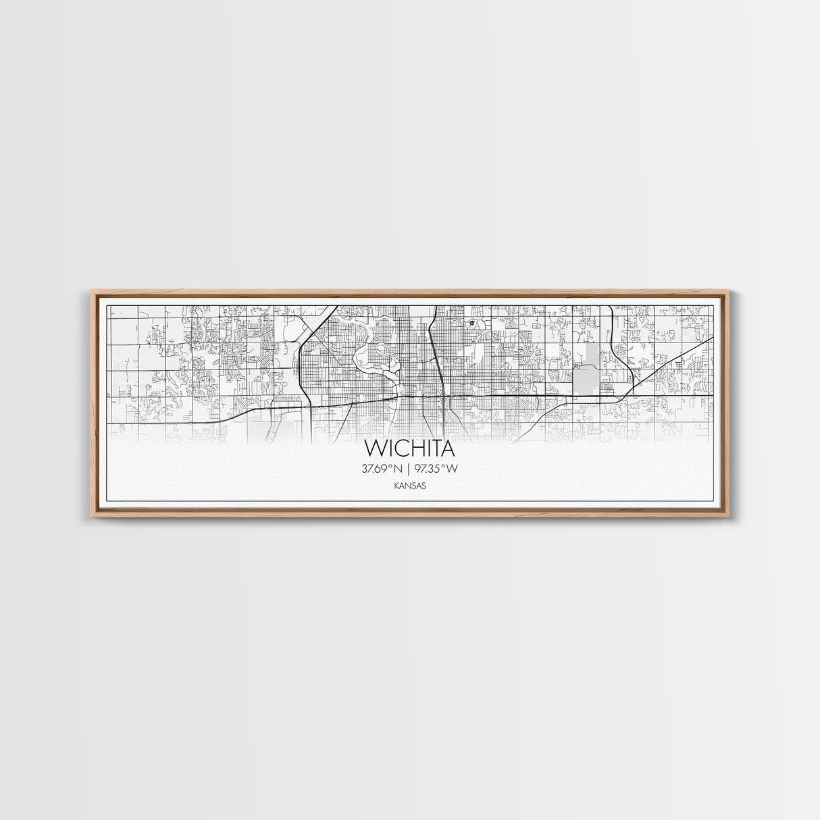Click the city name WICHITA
[410, 449]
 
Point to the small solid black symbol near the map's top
[470, 323]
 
